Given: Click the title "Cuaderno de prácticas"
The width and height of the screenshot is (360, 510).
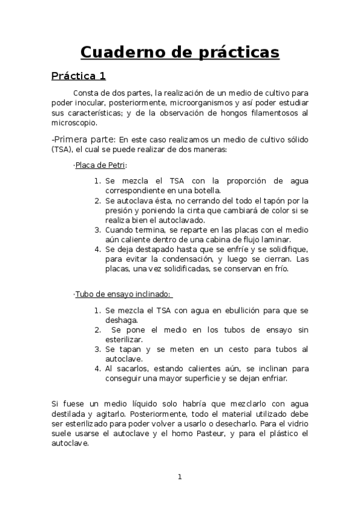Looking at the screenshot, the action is (x=180, y=52).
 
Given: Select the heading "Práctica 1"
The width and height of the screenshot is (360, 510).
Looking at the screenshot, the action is (x=78, y=76).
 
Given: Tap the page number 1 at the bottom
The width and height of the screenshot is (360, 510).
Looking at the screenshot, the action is (x=179, y=477).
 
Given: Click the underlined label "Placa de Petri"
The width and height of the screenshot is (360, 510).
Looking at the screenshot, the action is (x=100, y=165).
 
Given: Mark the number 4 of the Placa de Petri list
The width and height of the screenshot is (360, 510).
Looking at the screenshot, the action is (x=97, y=249).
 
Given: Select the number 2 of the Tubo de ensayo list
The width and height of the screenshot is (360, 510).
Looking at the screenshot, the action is (x=97, y=330).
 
